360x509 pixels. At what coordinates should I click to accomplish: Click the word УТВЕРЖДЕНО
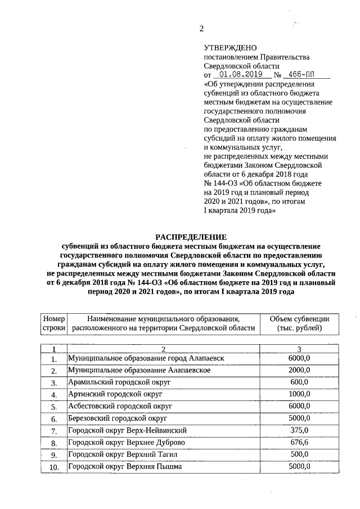point(229,48)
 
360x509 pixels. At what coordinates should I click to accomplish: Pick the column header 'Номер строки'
point(54,323)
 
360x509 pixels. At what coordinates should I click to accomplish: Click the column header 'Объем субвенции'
point(299,319)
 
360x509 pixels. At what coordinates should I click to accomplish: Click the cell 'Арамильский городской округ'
point(119,382)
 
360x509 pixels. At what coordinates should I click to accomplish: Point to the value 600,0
point(299,382)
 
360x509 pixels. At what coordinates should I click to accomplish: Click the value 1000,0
point(299,394)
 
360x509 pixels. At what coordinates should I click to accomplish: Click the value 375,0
point(299,431)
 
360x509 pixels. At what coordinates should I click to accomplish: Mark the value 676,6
point(299,443)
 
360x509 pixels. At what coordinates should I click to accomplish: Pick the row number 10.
point(54,467)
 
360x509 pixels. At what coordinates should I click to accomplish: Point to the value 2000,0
point(299,370)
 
